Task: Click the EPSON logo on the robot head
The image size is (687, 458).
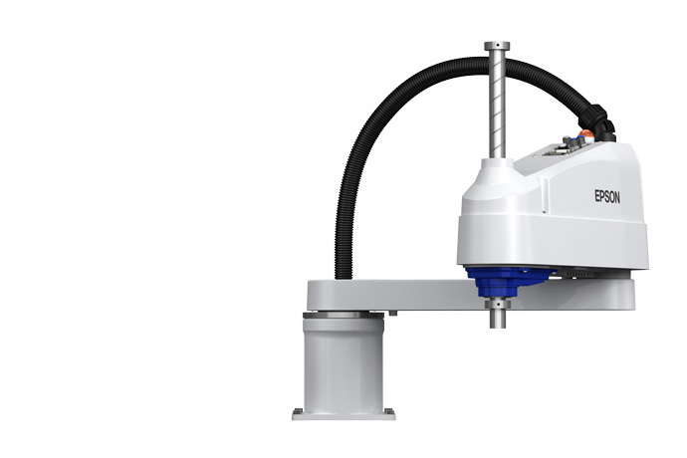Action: [x=607, y=197]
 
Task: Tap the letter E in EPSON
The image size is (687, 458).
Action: [x=597, y=197]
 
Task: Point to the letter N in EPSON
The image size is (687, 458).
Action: [x=617, y=198]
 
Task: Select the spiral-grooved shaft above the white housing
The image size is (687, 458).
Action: [x=497, y=110]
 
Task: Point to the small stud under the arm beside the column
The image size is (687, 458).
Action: [x=392, y=314]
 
